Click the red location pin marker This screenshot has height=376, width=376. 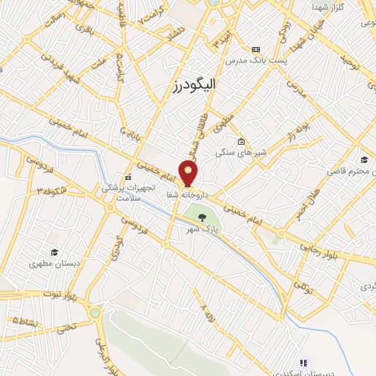pyautogui.click(x=189, y=173)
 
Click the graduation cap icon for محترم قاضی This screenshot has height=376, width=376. pyautogui.click(x=364, y=160)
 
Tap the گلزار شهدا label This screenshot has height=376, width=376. pyautogui.click(x=344, y=6)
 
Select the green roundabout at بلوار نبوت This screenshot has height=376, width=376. pyautogui.click(x=95, y=314)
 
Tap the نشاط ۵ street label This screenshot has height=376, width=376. pyautogui.click(x=23, y=321)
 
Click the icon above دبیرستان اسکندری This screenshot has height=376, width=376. pyautogui.click(x=303, y=362)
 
